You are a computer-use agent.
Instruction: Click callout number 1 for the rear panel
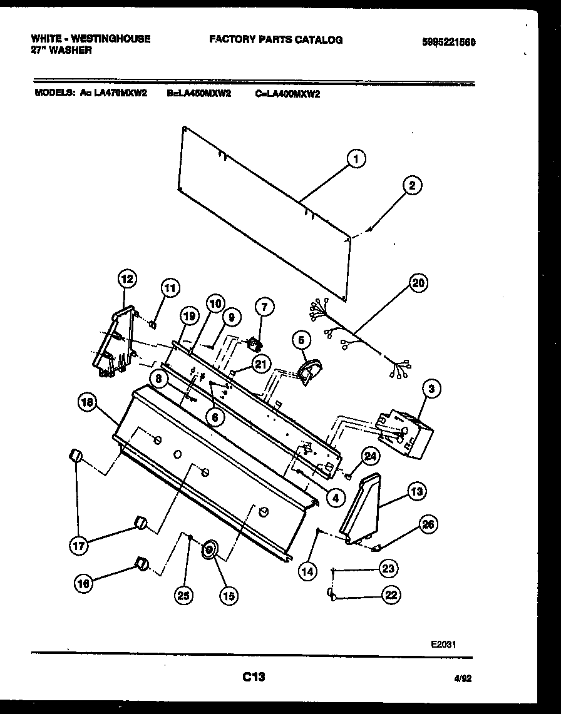tap(355, 160)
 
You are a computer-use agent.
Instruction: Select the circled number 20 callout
tap(418, 283)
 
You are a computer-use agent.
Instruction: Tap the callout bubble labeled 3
tap(431, 389)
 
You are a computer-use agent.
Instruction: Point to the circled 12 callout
tap(127, 279)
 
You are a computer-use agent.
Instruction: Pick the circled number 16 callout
tap(83, 583)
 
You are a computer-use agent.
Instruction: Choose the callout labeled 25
tap(183, 596)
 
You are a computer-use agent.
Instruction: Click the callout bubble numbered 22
tap(391, 595)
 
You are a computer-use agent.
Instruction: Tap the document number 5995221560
tap(448, 43)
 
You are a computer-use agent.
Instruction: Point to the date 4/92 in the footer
tap(463, 678)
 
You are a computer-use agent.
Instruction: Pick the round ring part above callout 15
tap(209, 550)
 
